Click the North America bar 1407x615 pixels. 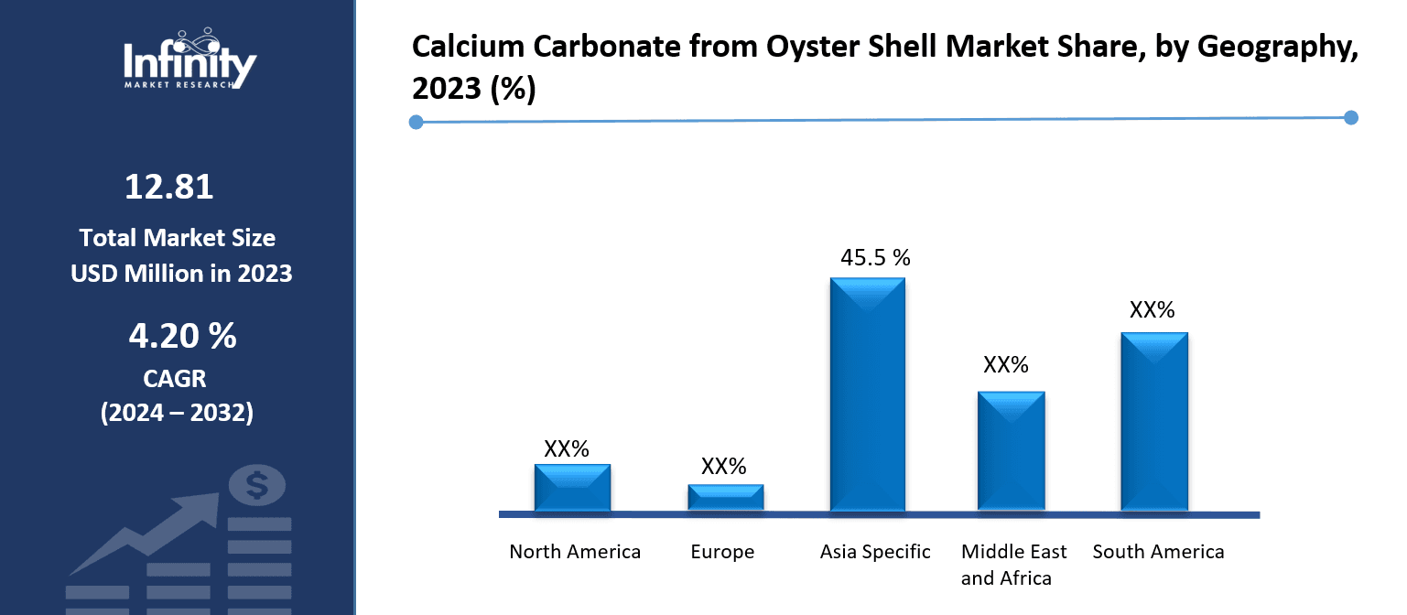(572, 487)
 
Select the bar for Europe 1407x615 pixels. (725, 497)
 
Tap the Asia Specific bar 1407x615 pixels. (867, 394)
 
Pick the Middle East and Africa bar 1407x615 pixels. (1011, 450)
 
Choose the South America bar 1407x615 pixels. (1153, 421)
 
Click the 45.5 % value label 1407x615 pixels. (875, 258)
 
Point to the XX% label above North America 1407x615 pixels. (567, 448)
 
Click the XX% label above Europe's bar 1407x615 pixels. (724, 467)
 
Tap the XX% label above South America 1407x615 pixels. (1152, 310)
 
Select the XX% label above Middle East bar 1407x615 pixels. (1006, 365)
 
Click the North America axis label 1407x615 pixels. (575, 552)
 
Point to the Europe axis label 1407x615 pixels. (722, 552)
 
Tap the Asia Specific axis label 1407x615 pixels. (875, 552)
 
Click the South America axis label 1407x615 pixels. (1158, 552)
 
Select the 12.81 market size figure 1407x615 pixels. (169, 188)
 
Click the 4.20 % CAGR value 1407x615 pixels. (182, 337)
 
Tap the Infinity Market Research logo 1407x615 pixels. (189, 59)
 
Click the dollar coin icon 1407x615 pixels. (257, 484)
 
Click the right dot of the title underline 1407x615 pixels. (1350, 117)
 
